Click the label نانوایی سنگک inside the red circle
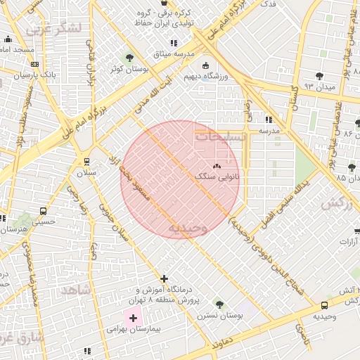(x=217, y=177)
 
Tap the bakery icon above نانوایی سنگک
(x=216, y=167)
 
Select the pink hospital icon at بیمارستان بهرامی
(x=132, y=318)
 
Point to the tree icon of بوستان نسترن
(x=219, y=304)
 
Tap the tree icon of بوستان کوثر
(x=129, y=58)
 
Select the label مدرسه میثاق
(x=171, y=54)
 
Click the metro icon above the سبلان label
(x=86, y=162)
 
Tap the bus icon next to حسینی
(x=44, y=211)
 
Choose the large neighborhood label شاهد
(x=76, y=290)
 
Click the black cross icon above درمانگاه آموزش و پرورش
(x=165, y=279)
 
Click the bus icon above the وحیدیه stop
(x=324, y=306)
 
